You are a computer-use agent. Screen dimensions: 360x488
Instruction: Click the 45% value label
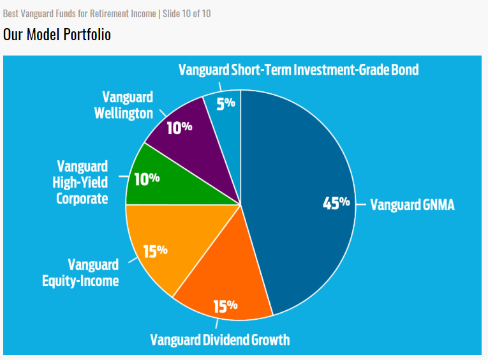tap(336, 203)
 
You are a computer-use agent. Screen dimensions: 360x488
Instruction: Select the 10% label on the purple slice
tap(179, 127)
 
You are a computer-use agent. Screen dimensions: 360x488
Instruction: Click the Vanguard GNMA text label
tap(413, 206)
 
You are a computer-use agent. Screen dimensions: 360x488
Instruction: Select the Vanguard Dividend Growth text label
tap(220, 339)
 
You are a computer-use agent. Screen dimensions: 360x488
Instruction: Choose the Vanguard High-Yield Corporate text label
tap(82, 183)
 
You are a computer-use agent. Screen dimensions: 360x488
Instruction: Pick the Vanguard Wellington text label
tap(128, 105)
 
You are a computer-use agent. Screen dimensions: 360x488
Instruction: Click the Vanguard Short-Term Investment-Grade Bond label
tap(299, 70)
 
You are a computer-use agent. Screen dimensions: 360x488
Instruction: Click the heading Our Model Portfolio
tap(57, 34)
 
